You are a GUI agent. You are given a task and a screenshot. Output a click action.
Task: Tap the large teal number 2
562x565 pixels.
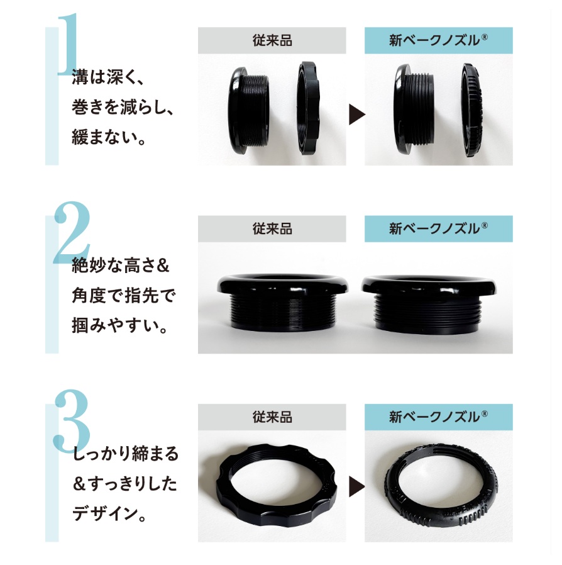point(72,232)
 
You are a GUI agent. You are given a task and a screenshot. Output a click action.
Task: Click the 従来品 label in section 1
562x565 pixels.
point(272,40)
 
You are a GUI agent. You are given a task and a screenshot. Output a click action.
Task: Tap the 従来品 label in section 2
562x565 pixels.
point(272,229)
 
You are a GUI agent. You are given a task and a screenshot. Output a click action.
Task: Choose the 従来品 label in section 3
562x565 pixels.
point(272,417)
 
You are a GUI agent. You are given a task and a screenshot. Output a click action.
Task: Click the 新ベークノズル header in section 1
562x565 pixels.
point(438,40)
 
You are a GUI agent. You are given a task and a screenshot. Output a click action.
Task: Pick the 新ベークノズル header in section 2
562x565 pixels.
point(438,229)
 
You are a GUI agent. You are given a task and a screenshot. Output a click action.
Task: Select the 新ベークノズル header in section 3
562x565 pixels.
point(438,417)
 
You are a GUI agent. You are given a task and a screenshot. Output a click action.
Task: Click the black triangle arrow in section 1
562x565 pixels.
point(356,115)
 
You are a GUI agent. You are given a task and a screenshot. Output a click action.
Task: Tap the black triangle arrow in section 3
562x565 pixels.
point(356,487)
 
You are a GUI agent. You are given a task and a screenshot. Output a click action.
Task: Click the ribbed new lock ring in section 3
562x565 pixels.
point(392,505)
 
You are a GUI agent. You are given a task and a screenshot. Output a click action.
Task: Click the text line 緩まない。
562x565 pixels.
point(108,137)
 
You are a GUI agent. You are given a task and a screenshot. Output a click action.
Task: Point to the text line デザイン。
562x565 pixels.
point(109,513)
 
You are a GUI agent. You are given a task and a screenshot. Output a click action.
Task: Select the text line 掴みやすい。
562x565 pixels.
point(119,325)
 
